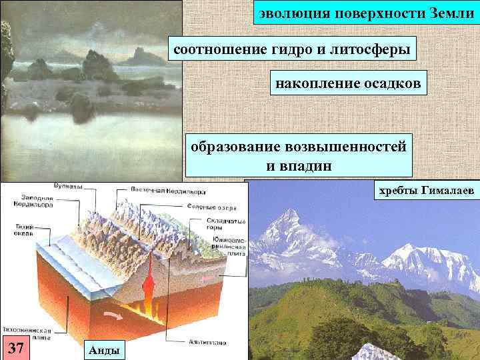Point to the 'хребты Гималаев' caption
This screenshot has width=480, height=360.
426,191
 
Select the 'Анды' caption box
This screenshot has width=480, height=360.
103,350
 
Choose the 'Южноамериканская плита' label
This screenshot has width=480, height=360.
231,247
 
